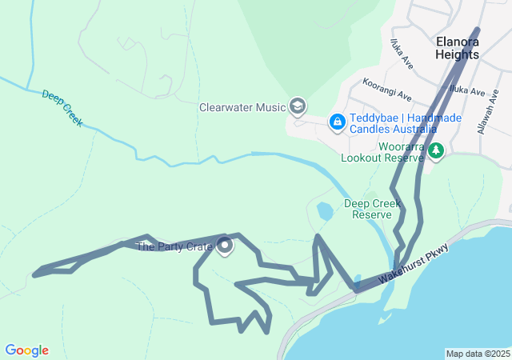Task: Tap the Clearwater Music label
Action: (242, 106)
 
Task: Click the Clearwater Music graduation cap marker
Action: (298, 106)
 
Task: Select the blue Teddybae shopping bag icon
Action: (337, 122)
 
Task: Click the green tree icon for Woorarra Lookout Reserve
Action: (435, 151)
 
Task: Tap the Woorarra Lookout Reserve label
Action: (382, 154)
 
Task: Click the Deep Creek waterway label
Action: (62, 108)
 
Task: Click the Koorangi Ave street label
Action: (386, 89)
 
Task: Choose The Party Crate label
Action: (174, 246)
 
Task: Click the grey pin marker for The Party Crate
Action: (225, 246)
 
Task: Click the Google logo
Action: (26, 350)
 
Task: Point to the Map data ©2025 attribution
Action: (478, 354)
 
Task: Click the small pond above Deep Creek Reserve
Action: (325, 212)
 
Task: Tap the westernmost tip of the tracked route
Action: (34, 274)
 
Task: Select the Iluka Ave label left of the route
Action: (402, 52)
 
